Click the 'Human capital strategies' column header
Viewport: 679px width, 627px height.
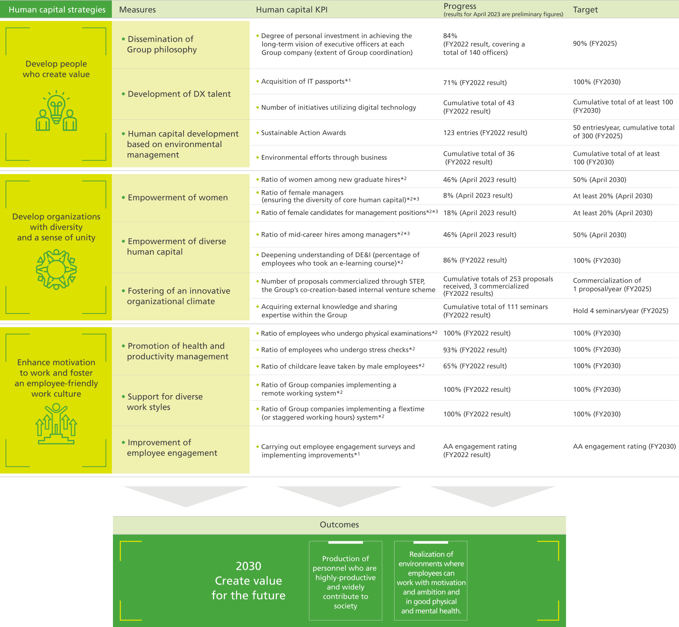(57, 10)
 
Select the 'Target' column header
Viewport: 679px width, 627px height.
(585, 10)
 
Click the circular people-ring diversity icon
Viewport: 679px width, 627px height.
(56, 269)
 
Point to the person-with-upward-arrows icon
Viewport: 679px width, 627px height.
(56, 424)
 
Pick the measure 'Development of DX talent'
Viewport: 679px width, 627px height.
(179, 94)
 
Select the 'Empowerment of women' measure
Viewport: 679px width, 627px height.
(177, 198)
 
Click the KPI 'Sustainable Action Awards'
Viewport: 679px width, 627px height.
(303, 133)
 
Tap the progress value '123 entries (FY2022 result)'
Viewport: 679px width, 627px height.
(485, 133)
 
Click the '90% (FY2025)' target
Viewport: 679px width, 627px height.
(594, 44)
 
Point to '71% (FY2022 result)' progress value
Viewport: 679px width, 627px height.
(474, 82)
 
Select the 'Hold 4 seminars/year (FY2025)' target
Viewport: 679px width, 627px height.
(620, 311)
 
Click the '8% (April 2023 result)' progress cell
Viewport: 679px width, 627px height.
(477, 196)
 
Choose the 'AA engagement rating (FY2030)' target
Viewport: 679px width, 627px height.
(624, 446)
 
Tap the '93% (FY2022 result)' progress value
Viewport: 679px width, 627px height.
(474, 350)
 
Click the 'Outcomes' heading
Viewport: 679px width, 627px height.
(339, 525)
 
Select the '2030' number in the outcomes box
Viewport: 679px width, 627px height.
(248, 566)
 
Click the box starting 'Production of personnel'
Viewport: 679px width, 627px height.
(345, 582)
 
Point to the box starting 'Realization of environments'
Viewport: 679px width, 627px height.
(431, 582)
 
